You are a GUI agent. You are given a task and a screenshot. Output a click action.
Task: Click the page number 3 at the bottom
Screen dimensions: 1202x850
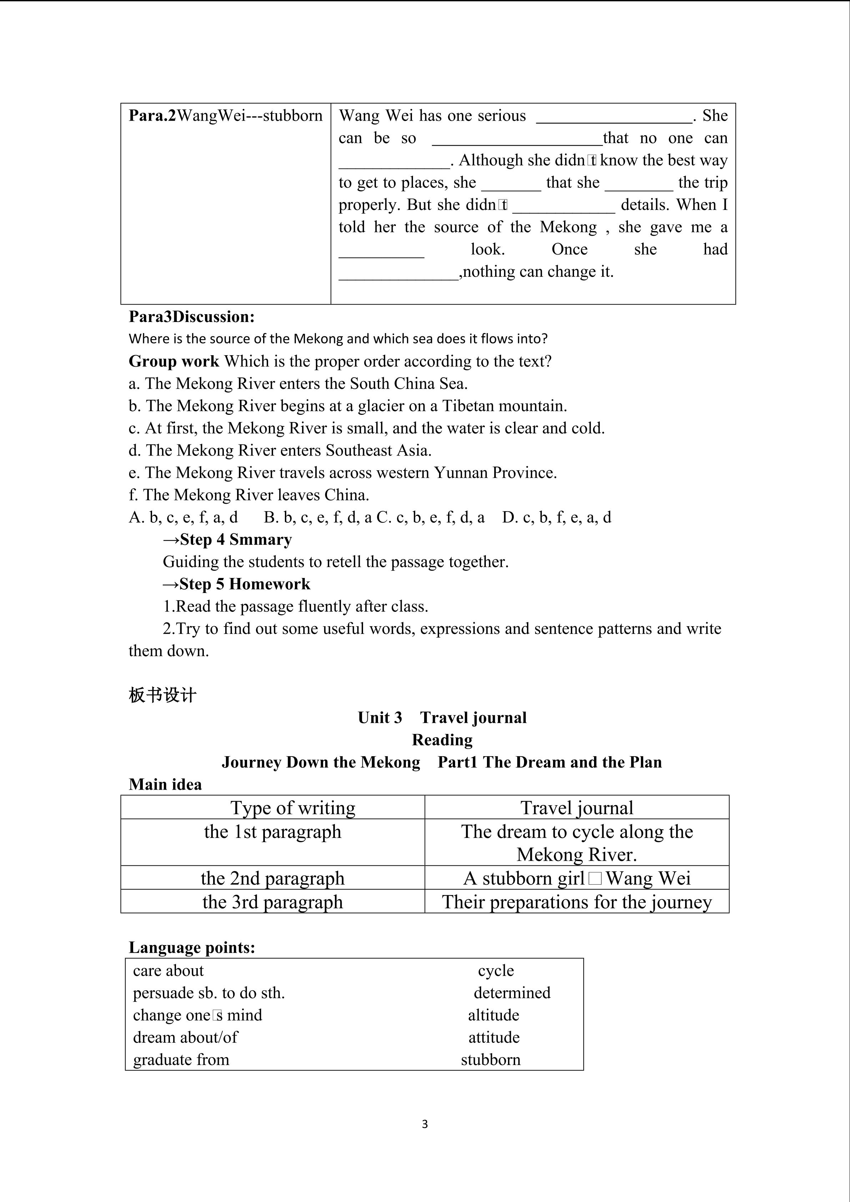[424, 1124]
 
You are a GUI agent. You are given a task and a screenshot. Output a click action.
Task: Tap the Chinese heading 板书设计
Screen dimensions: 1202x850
[162, 695]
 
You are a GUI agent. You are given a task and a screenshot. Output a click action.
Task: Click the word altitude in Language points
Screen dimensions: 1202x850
[494, 1015]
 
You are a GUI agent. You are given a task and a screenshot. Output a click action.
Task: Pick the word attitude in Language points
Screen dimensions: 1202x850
[494, 1037]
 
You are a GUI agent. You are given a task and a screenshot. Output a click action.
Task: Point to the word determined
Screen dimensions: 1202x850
[512, 992]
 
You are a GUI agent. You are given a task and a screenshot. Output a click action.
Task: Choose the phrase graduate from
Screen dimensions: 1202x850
[181, 1060]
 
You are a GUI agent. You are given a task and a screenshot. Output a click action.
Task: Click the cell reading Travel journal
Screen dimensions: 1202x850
[577, 808]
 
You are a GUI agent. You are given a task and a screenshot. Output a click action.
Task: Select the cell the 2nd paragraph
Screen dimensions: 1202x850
[273, 878]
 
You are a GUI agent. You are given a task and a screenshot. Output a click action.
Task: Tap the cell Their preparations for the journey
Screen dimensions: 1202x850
[577, 901]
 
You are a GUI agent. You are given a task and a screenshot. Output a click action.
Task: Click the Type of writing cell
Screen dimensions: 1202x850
[293, 808]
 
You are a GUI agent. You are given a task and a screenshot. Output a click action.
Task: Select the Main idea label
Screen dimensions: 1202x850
[165, 784]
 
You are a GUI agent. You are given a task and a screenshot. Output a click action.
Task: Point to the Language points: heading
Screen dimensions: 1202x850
[192, 947]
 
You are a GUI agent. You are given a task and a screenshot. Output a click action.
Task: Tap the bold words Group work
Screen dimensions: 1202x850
[174, 361]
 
